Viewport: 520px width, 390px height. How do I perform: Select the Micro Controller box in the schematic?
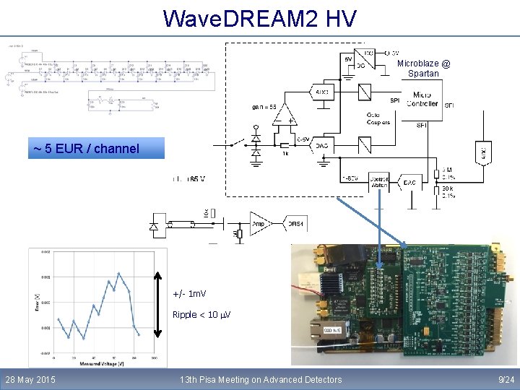pos(422,99)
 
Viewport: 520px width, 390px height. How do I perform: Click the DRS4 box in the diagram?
pos(295,225)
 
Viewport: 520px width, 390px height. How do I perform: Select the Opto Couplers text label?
pos(378,118)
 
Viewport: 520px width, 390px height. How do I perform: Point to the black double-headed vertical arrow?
pos(161,303)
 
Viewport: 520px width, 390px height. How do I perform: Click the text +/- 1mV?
pos(189,295)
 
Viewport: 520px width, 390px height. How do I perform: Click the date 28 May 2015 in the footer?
pos(30,379)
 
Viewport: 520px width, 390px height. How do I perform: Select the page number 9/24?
pos(506,379)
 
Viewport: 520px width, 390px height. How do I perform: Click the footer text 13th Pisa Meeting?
pos(261,379)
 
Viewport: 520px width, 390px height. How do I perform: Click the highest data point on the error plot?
pos(117,274)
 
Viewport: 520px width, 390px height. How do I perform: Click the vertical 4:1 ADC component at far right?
pos(483,151)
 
